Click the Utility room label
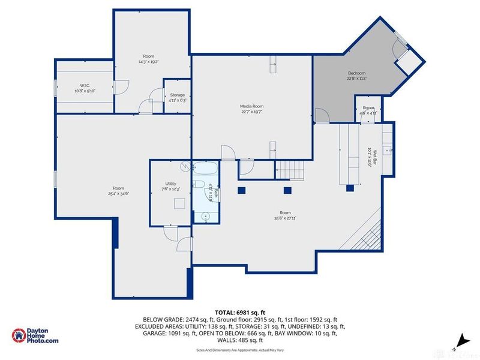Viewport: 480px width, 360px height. coord(170,184)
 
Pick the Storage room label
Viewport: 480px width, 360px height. coord(177,95)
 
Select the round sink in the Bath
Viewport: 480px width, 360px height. coord(205,215)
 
